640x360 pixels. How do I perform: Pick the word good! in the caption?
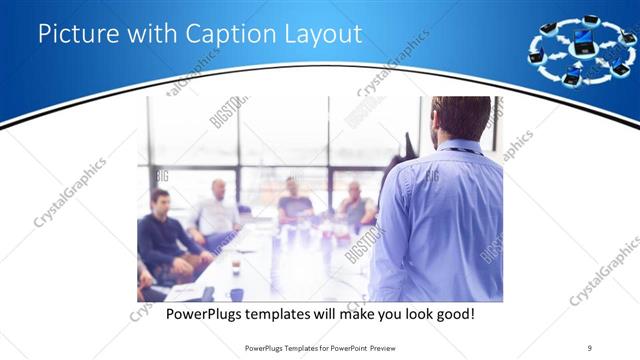pyautogui.click(x=452, y=314)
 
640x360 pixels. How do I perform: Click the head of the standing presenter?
pyautogui.click(x=460, y=119)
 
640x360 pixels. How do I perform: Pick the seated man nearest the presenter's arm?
pyautogui.click(x=356, y=205)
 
